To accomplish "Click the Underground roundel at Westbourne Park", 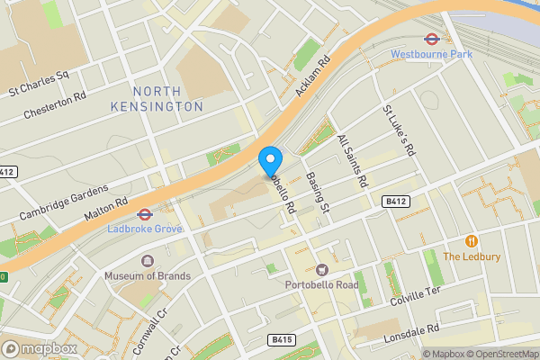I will click(x=431, y=39).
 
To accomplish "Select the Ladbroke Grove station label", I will click(x=144, y=229).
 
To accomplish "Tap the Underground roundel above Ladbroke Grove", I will click(x=144, y=214).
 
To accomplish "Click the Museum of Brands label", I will click(x=148, y=275).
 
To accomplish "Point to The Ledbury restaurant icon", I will click(x=471, y=241).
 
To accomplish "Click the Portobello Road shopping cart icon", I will click(x=322, y=269).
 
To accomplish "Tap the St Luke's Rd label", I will click(x=399, y=130).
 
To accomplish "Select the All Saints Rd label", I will click(x=352, y=161).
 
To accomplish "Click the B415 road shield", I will click(x=281, y=340).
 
